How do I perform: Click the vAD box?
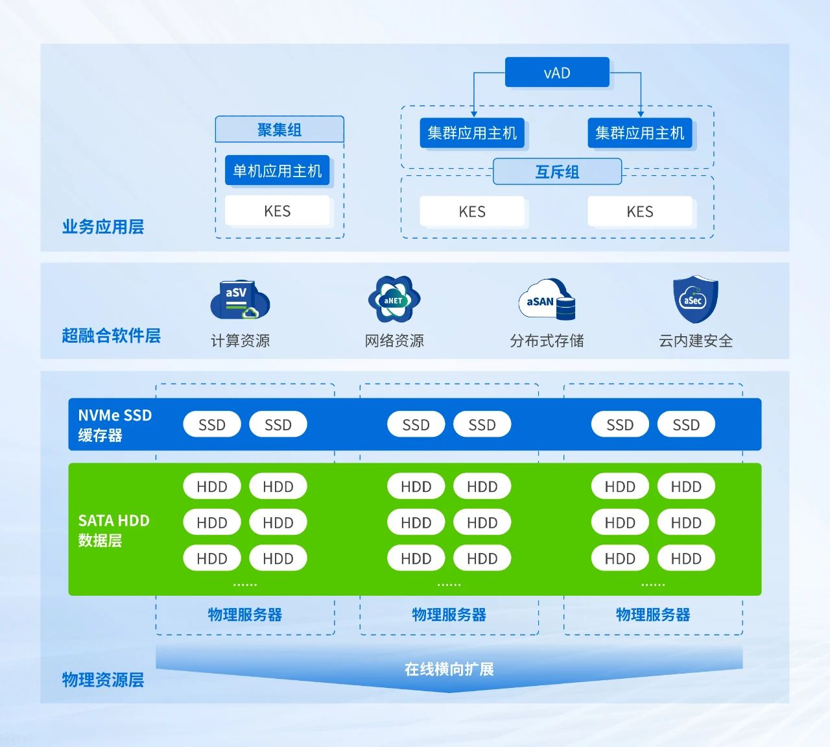(x=557, y=73)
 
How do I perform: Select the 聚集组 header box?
(x=279, y=130)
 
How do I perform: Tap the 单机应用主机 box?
(x=278, y=171)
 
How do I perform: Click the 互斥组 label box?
(x=557, y=172)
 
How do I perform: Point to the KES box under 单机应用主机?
(x=278, y=211)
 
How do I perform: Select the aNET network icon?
(x=394, y=300)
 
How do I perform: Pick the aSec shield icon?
(x=695, y=299)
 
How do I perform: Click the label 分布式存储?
(x=547, y=341)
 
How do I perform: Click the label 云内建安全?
(x=695, y=341)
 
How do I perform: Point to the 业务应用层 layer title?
(x=102, y=227)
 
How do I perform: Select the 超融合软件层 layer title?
(x=111, y=336)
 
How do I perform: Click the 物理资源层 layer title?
(x=102, y=680)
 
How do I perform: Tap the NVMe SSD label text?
(x=115, y=415)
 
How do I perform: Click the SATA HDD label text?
(x=113, y=520)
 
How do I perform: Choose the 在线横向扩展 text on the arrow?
(x=449, y=669)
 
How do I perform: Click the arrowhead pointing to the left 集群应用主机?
(x=474, y=114)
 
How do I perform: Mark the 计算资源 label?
(x=240, y=341)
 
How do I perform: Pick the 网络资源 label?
(x=394, y=341)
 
